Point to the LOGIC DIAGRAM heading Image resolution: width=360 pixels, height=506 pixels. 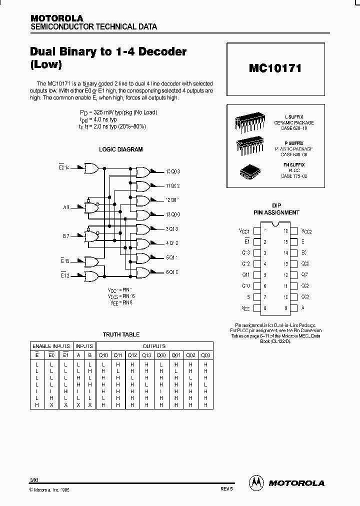[x=120, y=149]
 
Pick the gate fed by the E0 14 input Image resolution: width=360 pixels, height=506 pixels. [x=92, y=168]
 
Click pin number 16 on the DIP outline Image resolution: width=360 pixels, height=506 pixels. [x=285, y=231]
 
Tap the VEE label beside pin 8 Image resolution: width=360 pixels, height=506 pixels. [x=245, y=308]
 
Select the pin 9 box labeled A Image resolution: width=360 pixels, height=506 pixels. [x=294, y=308]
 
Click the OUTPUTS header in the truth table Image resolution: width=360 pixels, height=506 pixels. [x=154, y=346]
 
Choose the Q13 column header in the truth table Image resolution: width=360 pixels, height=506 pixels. [x=146, y=355]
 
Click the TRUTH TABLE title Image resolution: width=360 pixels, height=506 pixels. [x=121, y=334]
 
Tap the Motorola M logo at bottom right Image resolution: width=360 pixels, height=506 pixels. [x=256, y=482]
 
